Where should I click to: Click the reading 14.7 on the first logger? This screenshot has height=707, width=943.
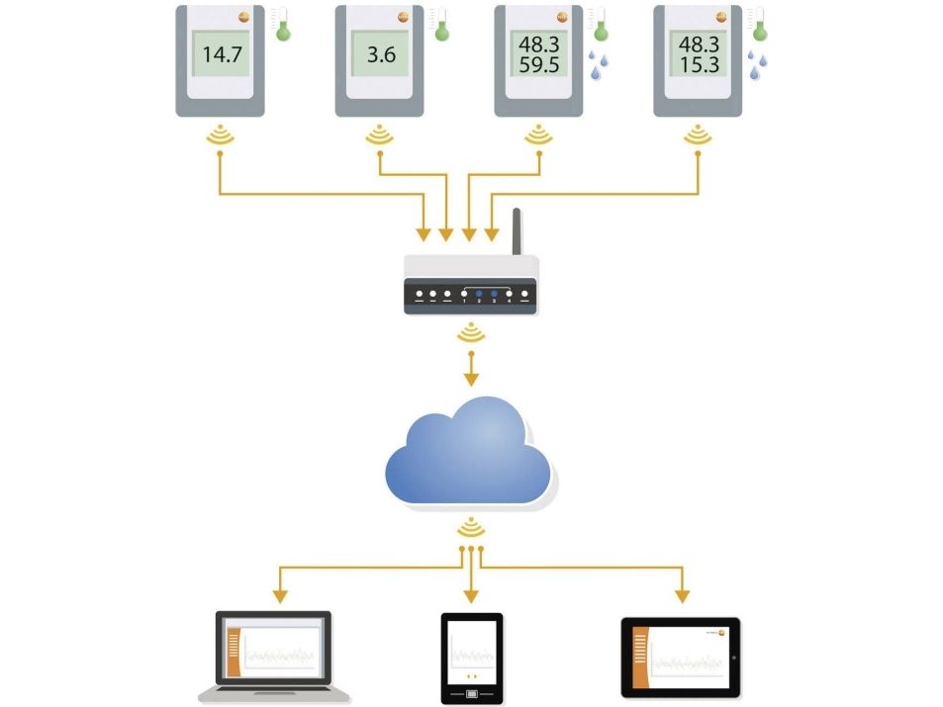click(222, 55)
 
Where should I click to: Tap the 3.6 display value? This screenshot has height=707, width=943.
click(381, 55)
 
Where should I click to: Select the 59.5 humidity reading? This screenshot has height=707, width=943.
click(540, 67)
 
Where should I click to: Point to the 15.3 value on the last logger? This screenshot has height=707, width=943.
click(699, 67)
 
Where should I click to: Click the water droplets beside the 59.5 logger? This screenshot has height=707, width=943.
click(598, 64)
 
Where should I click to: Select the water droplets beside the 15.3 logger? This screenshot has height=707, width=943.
click(757, 64)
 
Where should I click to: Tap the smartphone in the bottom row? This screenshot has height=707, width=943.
click(471, 657)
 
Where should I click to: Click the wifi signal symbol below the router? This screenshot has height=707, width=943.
click(471, 335)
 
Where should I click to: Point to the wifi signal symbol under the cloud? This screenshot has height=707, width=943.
click(471, 525)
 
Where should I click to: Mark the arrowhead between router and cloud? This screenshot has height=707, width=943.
click(471, 378)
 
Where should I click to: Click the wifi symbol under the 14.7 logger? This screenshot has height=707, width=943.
click(220, 137)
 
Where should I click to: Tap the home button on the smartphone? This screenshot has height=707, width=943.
click(472, 692)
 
